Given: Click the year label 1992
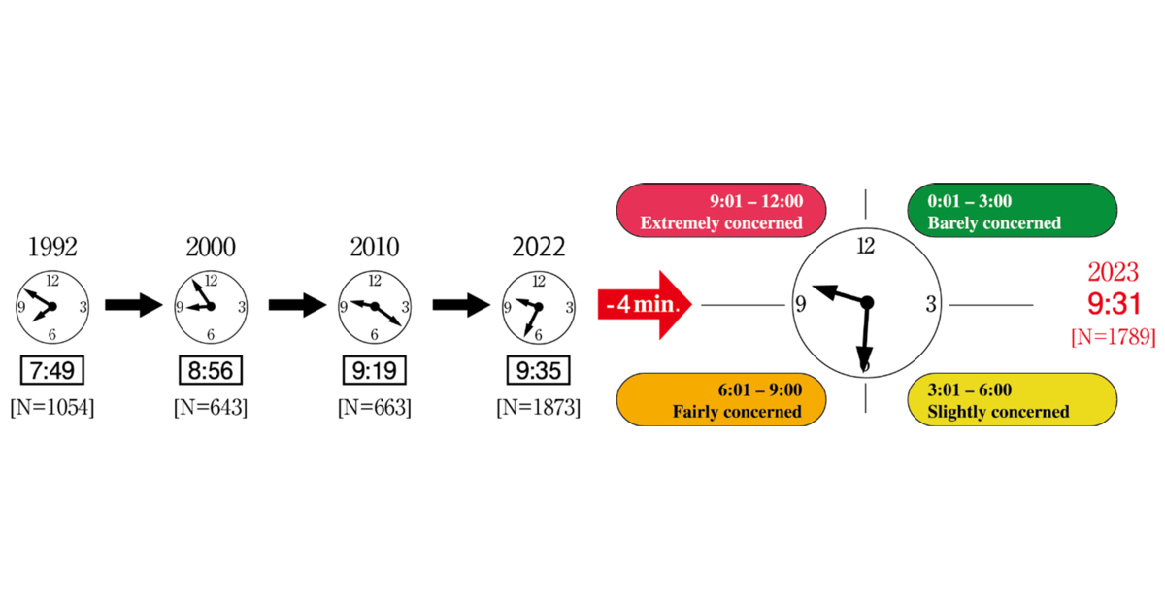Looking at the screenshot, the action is (52, 247).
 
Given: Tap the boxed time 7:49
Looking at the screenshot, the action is (52, 371).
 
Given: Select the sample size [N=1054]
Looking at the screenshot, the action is (52, 407).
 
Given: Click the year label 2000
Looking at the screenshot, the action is (211, 247).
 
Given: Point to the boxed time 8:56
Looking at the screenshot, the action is (211, 371).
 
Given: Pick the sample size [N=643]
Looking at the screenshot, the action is (211, 407).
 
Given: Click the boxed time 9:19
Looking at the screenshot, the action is (375, 371).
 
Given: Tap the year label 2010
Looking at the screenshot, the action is (375, 247).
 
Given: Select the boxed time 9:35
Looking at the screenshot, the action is (539, 371).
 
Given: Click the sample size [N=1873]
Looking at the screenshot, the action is (539, 407).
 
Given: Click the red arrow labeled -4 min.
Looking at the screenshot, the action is (645, 305).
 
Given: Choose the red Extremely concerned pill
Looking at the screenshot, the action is (721, 211).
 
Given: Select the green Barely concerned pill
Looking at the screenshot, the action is (1012, 211).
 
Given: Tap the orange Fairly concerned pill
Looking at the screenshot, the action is (721, 399).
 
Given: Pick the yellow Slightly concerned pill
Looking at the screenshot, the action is (1012, 399).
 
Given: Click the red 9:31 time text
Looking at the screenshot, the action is (1115, 304).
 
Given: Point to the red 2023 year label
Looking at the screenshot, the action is (1114, 272).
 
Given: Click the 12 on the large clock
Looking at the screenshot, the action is (866, 246).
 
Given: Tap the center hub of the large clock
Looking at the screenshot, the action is (867, 303).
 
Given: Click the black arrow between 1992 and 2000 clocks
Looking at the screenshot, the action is (134, 305).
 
